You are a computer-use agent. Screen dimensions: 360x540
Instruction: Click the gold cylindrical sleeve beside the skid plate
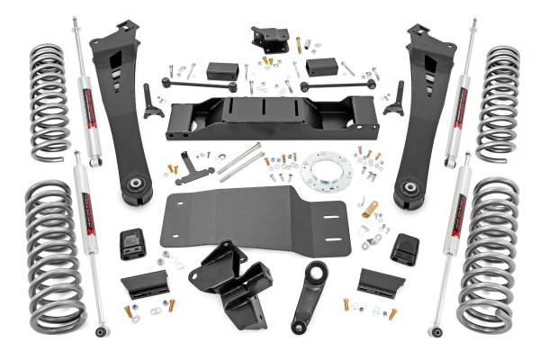click(368, 210)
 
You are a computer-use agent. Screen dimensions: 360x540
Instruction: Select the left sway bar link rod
click(199, 84)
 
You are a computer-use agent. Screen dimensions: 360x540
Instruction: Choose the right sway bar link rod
click(338, 85)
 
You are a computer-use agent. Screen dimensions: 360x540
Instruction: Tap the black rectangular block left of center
click(221, 70)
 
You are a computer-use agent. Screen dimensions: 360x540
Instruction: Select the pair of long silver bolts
click(241, 162)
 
